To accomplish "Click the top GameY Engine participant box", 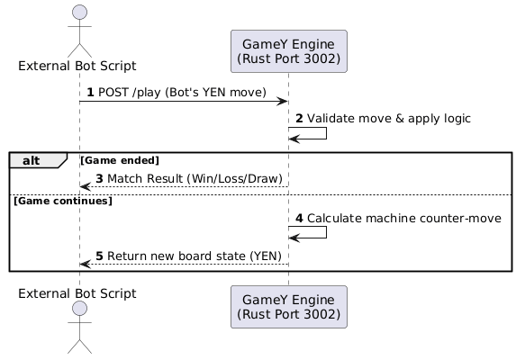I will coord(288,51).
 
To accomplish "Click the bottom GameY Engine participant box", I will coord(288,307).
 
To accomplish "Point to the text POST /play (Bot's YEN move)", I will coord(183,94).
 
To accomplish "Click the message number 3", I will coord(100,179).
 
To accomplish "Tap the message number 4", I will coord(300,218).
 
